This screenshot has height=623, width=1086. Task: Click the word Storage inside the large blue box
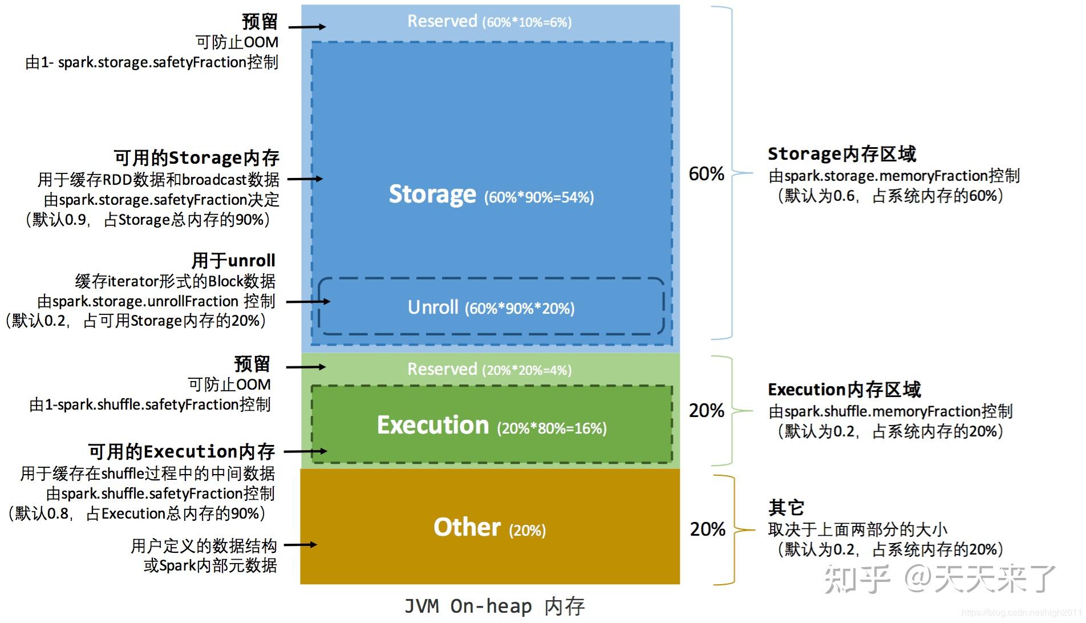tap(432, 195)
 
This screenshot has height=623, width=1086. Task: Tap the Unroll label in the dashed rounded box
tap(433, 308)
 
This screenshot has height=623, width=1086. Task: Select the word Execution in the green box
tap(433, 426)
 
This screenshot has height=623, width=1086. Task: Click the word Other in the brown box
tap(467, 527)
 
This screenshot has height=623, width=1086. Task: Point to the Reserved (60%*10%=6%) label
tap(489, 22)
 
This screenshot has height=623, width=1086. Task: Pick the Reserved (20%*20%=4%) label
tap(489, 370)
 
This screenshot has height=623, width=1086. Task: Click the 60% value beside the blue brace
tap(706, 173)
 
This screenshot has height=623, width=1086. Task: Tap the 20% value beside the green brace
tap(706, 410)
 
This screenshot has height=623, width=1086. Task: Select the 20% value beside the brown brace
tap(707, 529)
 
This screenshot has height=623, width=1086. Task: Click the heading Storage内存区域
tap(841, 154)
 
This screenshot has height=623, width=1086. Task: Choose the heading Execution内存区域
tap(844, 390)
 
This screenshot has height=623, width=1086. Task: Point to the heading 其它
tap(786, 507)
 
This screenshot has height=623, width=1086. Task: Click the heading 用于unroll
tap(233, 261)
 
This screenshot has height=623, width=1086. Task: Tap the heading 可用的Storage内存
tap(196, 157)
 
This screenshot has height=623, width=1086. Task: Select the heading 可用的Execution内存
tap(181, 452)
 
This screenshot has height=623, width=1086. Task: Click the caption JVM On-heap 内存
tap(494, 606)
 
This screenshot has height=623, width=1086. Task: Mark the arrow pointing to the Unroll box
tap(308, 301)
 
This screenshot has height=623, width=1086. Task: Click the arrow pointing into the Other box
tap(300, 545)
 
